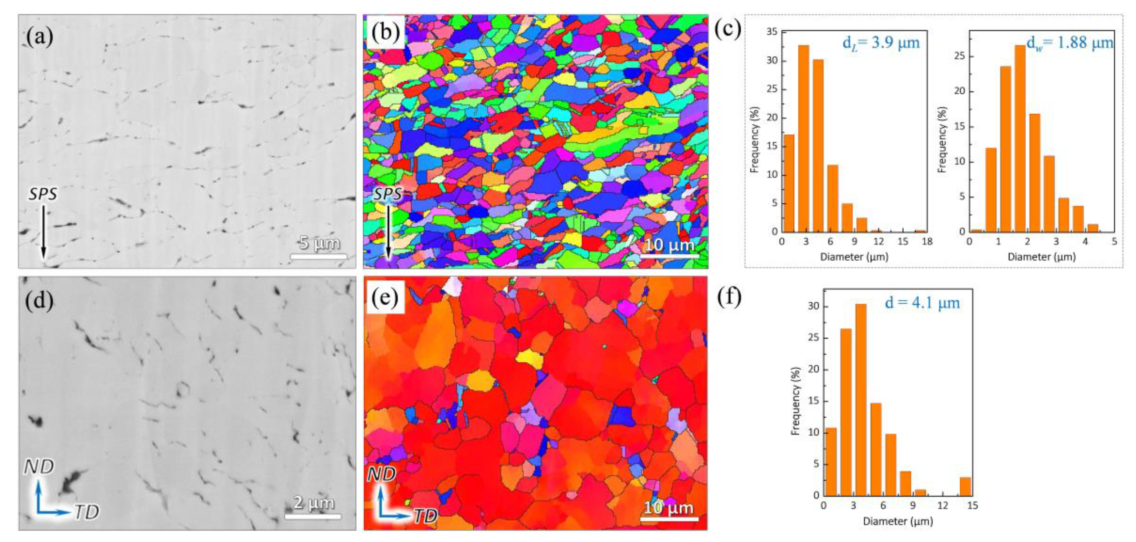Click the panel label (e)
(385, 298)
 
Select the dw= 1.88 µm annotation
(1069, 43)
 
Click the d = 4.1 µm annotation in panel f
(923, 303)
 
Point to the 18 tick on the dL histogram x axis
(927, 241)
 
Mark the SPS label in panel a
(43, 194)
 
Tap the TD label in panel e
(426, 516)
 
